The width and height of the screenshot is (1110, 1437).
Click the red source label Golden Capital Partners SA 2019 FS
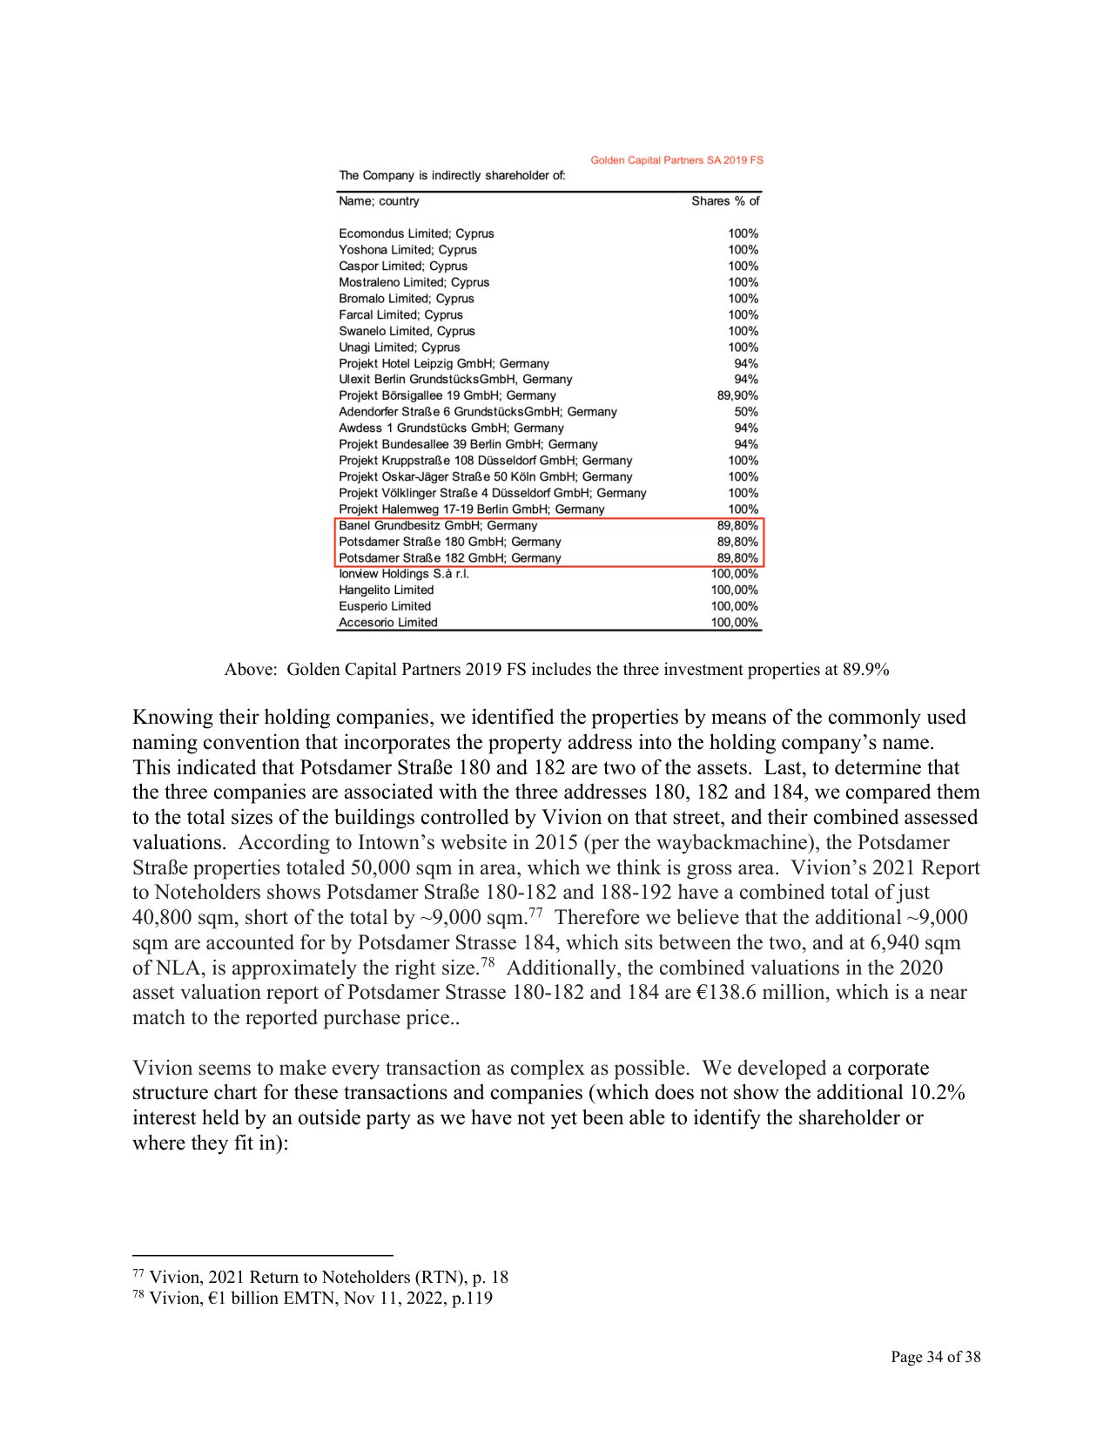click(676, 160)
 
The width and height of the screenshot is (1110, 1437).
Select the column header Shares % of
click(725, 201)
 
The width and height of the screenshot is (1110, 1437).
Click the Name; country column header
click(379, 201)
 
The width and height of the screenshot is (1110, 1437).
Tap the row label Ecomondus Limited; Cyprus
click(416, 233)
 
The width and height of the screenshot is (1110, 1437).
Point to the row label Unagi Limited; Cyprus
click(399, 347)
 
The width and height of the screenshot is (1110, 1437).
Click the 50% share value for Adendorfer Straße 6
click(746, 412)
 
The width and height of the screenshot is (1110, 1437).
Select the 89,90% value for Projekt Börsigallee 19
click(737, 395)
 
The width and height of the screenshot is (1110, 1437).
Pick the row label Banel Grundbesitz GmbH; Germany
click(438, 525)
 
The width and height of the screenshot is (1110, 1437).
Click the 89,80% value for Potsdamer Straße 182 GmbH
click(737, 558)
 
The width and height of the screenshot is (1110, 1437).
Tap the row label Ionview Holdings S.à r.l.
click(404, 574)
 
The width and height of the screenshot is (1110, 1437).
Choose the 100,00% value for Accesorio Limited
click(735, 623)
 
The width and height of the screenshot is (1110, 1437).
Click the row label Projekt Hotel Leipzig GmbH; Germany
click(444, 363)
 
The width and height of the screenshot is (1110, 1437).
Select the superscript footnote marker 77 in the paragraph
click(535, 912)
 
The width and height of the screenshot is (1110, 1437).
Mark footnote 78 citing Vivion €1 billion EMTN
click(313, 1299)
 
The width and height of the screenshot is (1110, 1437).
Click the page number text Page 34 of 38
click(935, 1357)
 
